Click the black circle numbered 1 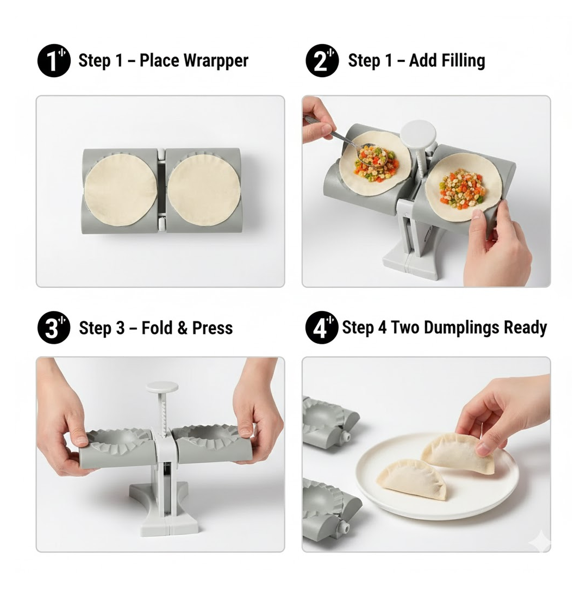(53, 61)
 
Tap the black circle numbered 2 (322, 61)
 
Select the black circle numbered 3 (53, 328)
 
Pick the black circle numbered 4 (322, 328)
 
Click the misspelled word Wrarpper (214, 60)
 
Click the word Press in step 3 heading (213, 328)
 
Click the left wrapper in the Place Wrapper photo (121, 189)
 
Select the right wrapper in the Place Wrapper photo (204, 189)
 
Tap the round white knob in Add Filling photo (418, 131)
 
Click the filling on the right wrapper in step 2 (462, 188)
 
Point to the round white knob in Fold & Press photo (161, 387)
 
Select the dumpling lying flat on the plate (414, 479)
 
